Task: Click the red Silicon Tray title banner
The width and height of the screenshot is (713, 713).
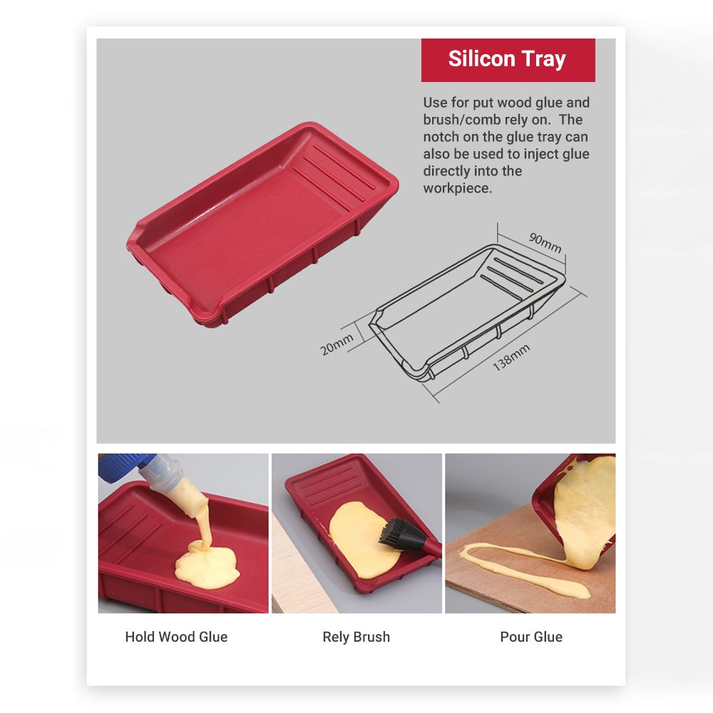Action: click(x=508, y=60)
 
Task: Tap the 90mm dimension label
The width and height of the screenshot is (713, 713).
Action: click(x=545, y=243)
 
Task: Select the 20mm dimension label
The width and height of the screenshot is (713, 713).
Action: click(x=337, y=344)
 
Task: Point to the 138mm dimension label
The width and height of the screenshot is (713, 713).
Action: click(x=511, y=357)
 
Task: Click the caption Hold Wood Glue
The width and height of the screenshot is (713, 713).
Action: click(x=176, y=637)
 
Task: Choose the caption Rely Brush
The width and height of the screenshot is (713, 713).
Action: click(x=356, y=637)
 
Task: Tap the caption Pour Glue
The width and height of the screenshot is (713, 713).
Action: click(x=531, y=637)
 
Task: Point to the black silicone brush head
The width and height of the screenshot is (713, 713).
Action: click(x=400, y=533)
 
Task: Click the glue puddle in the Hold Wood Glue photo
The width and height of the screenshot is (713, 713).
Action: click(x=207, y=565)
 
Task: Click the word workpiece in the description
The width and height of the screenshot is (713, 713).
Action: click(x=457, y=188)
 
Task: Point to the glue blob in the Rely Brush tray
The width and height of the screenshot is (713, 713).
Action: click(x=361, y=539)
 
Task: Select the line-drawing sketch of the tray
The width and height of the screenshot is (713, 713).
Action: click(x=467, y=314)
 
